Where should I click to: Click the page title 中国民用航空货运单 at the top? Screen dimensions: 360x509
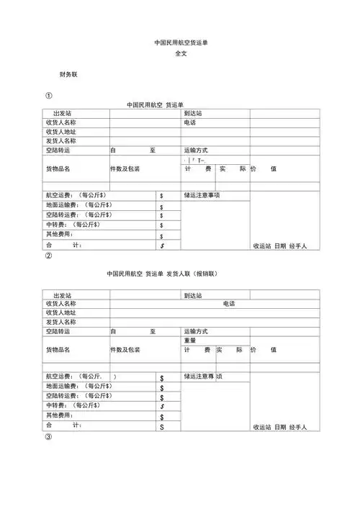(179, 42)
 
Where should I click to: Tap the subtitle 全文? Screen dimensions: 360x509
(180, 54)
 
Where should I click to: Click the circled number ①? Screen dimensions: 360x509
(48, 96)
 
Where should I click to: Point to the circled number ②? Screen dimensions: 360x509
(48, 256)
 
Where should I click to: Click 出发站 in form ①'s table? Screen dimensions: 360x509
(62, 114)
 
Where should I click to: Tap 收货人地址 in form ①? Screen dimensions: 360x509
(60, 132)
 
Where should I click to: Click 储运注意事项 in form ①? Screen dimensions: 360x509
(202, 195)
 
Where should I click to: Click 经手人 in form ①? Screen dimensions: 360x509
(298, 246)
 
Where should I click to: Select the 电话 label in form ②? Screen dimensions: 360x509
(230, 304)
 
